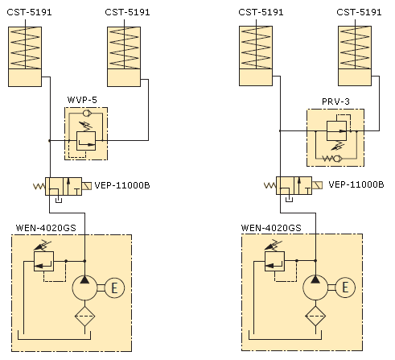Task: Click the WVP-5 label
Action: tap(82, 100)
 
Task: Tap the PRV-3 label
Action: tap(335, 101)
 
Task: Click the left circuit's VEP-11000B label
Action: tap(122, 185)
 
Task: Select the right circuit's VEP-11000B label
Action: tap(356, 184)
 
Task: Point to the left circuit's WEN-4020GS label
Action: tap(46, 228)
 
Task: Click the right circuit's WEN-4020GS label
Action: tap(271, 228)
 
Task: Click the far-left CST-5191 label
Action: tap(29, 12)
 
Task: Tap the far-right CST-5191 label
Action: tap(359, 12)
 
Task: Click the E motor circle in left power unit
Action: tap(114, 288)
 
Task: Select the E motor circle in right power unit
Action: tap(345, 288)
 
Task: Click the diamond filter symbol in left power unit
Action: tap(84, 317)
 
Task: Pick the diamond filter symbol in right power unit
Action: tap(315, 316)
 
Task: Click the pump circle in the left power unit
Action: tap(84, 288)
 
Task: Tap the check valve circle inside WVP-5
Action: tap(87, 113)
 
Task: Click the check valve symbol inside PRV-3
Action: tap(332, 159)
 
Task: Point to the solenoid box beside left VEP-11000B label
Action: tap(87, 186)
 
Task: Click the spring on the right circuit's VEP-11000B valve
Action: tap(270, 185)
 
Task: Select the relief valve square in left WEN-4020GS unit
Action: tap(43, 261)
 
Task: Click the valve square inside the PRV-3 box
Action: tap(336, 130)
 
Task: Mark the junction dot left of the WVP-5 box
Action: tap(50, 140)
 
